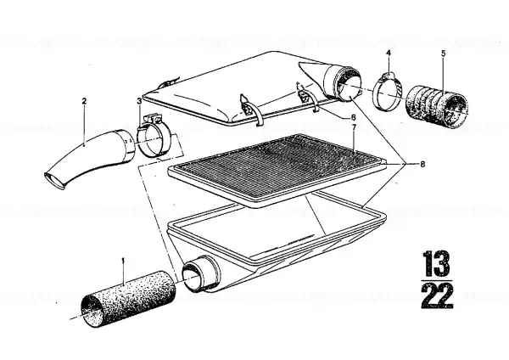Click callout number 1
click(x=123, y=261)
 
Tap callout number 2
click(x=84, y=101)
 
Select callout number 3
click(x=139, y=101)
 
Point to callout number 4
click(x=389, y=53)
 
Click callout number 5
click(x=443, y=53)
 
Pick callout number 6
click(x=353, y=117)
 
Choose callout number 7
click(x=354, y=127)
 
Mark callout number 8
click(x=422, y=165)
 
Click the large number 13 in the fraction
click(x=437, y=264)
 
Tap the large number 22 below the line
click(x=437, y=295)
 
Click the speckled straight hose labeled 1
click(x=128, y=298)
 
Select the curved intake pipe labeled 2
click(x=89, y=160)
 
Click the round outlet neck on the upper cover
click(x=343, y=83)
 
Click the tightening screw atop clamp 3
click(x=152, y=117)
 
